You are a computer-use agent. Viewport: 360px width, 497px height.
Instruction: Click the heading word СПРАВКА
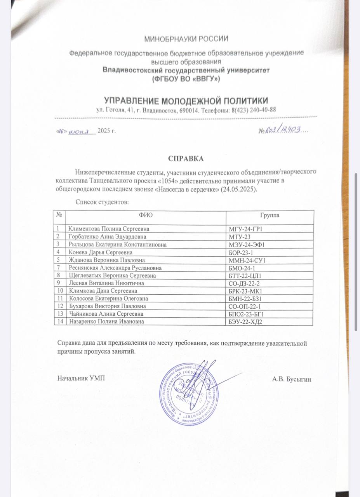coord(186,159)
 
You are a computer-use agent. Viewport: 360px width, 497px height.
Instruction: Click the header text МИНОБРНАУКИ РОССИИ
coord(186,39)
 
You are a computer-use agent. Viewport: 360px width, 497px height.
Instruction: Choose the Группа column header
coord(270,215)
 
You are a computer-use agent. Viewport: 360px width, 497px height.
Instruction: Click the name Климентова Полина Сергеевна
coord(109,229)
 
